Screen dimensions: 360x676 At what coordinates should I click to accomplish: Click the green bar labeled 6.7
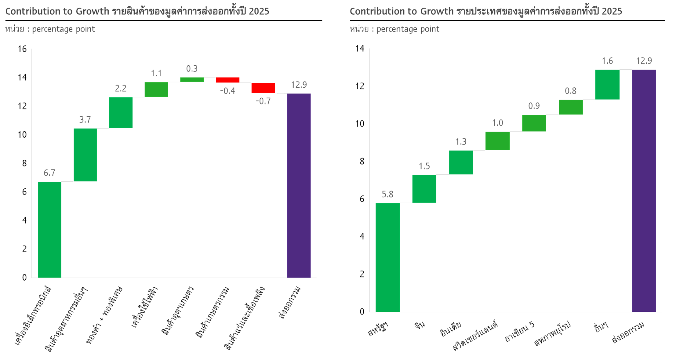coord(49,229)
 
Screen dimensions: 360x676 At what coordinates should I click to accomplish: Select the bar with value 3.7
coord(85,155)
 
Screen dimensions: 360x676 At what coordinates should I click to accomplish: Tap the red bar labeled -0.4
coord(227,80)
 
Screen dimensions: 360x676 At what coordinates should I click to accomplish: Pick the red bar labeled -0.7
coord(263,88)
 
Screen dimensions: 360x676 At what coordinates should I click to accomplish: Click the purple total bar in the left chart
coord(299,185)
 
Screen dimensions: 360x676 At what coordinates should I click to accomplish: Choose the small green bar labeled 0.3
coord(192,80)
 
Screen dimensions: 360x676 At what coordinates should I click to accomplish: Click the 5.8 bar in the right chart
coord(387,257)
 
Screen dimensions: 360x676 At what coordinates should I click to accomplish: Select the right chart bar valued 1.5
coord(424,188)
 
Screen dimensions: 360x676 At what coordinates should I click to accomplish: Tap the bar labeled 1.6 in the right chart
coord(607,85)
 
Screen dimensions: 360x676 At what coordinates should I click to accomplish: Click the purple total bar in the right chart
coord(644,191)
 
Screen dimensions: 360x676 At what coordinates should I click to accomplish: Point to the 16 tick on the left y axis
coord(22,49)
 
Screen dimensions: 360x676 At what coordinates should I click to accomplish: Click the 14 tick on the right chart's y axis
coord(360,49)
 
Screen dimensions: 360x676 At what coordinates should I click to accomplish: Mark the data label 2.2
coord(121,89)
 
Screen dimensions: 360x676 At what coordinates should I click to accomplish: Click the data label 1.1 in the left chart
coord(156,73)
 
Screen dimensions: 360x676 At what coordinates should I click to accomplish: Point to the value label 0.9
coord(534,106)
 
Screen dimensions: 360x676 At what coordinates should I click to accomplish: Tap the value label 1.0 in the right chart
coord(497,123)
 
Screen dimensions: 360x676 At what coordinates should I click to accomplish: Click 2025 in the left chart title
coord(259,11)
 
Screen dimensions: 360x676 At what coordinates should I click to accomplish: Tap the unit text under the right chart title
coord(394,29)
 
